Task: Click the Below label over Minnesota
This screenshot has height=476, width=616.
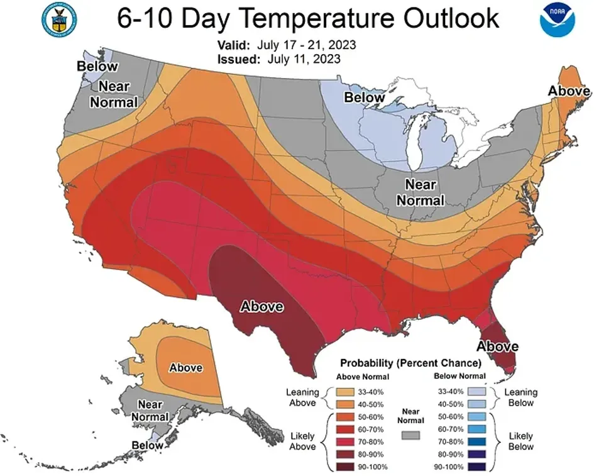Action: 364,97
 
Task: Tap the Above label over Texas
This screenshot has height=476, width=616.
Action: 262,307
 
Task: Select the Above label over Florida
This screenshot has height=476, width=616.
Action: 497,346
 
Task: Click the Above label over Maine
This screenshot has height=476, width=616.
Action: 569,91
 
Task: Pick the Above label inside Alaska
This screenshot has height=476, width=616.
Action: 186,367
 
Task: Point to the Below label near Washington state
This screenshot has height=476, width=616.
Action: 97,66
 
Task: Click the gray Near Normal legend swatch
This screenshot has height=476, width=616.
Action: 410,435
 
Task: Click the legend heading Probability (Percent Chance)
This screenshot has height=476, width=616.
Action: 410,363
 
